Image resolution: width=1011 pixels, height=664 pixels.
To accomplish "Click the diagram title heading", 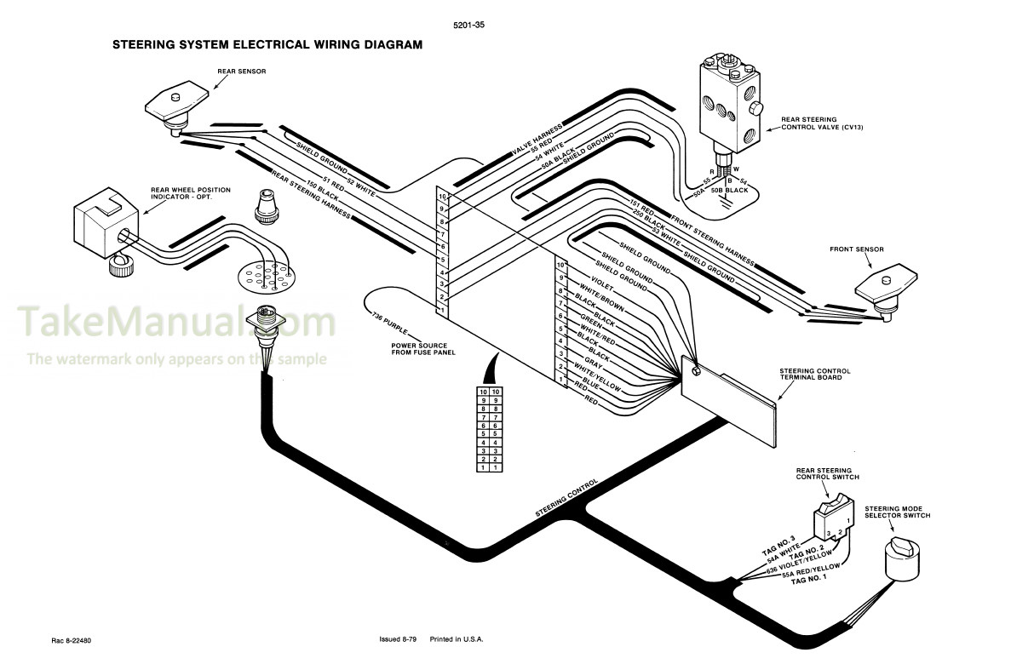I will (267, 43).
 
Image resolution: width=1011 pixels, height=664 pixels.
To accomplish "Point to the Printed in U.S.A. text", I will (458, 639).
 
